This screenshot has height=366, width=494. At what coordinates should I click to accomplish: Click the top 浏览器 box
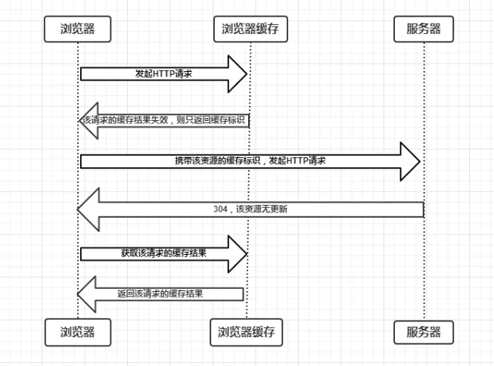pyautogui.click(x=79, y=29)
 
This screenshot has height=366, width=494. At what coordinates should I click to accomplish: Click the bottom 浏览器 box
pyautogui.click(x=79, y=331)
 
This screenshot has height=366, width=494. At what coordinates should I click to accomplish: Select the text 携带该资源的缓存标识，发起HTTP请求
pyautogui.click(x=250, y=161)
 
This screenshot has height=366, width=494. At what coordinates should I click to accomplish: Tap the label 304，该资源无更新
pyautogui.click(x=250, y=209)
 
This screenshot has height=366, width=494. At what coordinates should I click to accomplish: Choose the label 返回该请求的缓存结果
pyautogui.click(x=164, y=293)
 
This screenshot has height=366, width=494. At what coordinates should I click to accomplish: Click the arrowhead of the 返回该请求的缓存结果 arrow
pyautogui.click(x=87, y=293)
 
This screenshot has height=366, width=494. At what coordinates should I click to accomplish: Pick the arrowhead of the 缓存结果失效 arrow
pyautogui.click(x=87, y=121)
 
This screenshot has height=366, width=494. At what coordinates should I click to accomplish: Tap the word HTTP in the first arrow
pyautogui.click(x=164, y=74)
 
